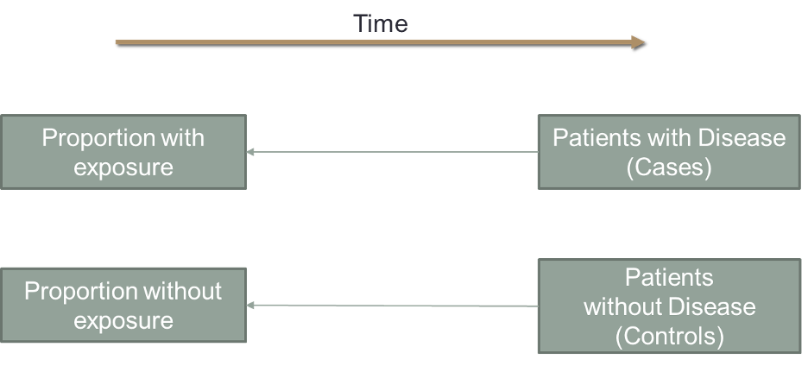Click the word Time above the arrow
(380, 24)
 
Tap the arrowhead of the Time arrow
(638, 41)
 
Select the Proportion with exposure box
(123, 152)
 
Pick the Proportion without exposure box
(123, 306)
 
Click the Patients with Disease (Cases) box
(669, 152)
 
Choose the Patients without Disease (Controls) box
(669, 306)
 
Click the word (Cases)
(669, 167)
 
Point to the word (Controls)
(669, 335)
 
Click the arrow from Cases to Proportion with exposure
(393, 152)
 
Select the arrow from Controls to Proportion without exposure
(393, 306)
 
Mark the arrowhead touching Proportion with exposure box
(250, 152)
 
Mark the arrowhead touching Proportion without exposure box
(250, 306)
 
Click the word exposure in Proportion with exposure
(123, 167)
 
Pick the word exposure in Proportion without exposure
(123, 321)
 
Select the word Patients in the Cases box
(592, 138)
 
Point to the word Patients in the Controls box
(669, 278)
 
